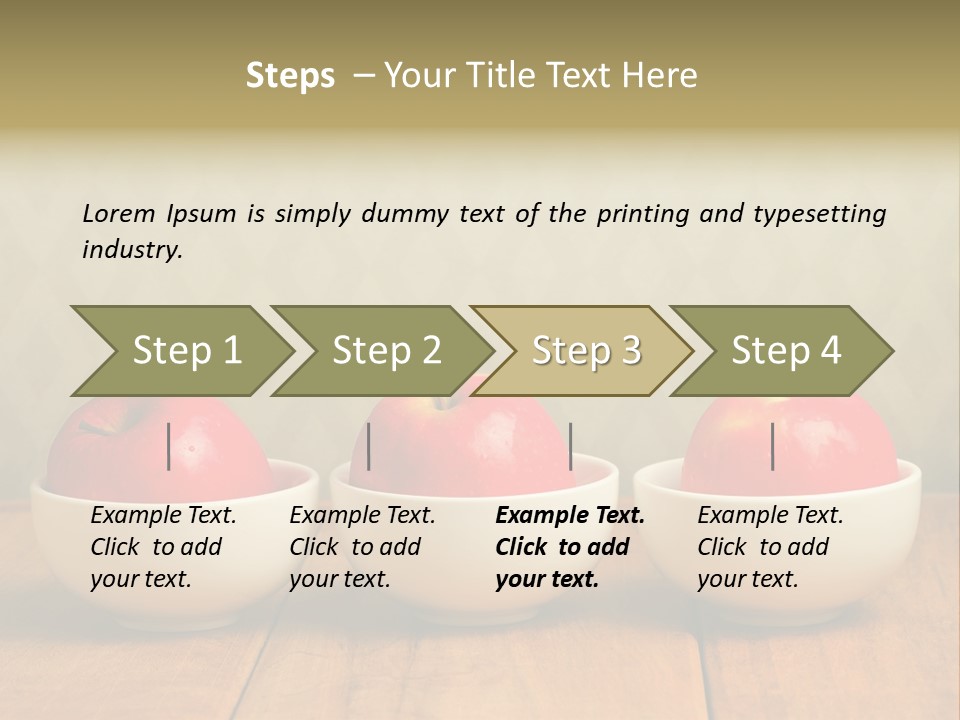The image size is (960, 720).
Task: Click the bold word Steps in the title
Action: (290, 76)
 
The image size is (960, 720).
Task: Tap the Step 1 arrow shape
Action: (186, 351)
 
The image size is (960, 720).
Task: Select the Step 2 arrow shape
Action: (386, 351)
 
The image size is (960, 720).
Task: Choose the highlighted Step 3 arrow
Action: (586, 351)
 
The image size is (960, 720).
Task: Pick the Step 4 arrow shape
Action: (786, 351)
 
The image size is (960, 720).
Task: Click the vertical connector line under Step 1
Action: (169, 446)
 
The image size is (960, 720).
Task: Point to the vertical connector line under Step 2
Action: (369, 446)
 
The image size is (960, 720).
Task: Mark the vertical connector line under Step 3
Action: (571, 446)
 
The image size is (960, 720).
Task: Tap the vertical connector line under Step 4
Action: (773, 446)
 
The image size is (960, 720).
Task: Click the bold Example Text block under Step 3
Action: (570, 547)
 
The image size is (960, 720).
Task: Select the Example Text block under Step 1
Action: (163, 547)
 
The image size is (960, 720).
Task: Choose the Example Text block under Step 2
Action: (362, 547)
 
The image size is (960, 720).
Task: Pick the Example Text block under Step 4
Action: (770, 547)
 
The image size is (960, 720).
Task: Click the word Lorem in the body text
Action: (119, 213)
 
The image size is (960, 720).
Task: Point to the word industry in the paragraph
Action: (132, 250)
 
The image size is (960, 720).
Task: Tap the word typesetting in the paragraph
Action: (819, 214)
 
